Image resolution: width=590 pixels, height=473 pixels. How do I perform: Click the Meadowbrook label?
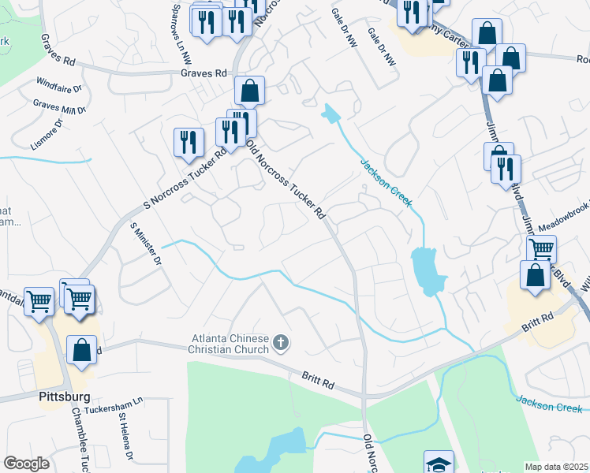[x=561, y=219]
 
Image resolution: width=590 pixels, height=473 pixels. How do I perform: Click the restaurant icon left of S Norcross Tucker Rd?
[x=189, y=142]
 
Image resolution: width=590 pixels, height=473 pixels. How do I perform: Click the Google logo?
[x=26, y=464]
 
